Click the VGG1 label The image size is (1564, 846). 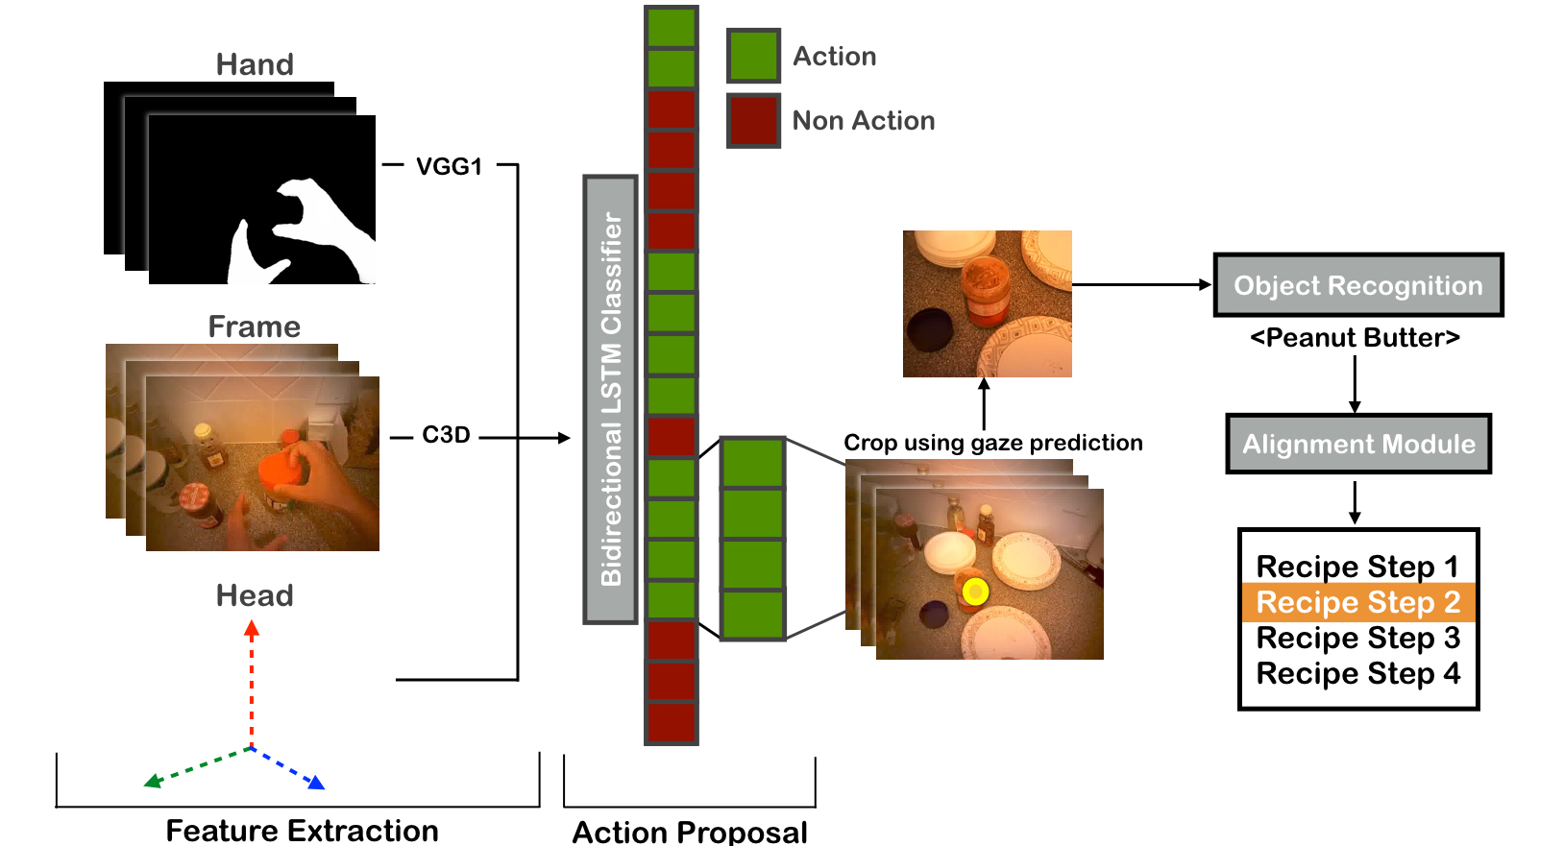click(449, 166)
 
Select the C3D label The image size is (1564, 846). click(446, 435)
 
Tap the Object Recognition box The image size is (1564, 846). click(1358, 285)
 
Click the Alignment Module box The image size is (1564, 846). click(1358, 444)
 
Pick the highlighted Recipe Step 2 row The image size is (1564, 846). click(1358, 602)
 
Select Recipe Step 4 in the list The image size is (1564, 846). click(1358, 673)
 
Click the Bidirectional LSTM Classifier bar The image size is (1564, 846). click(610, 399)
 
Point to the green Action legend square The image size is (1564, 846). click(753, 56)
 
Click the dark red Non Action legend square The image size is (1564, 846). click(753, 121)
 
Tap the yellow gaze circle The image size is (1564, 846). click(975, 592)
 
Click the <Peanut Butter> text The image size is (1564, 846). click(1355, 338)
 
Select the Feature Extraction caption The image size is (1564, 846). click(302, 831)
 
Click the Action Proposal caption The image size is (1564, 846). click(690, 832)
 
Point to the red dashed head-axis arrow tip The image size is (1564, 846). click(252, 621)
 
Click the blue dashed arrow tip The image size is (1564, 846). click(323, 788)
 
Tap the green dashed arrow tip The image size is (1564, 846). click(144, 786)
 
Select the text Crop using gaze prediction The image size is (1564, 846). click(992, 443)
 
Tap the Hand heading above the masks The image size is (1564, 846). click(255, 64)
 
